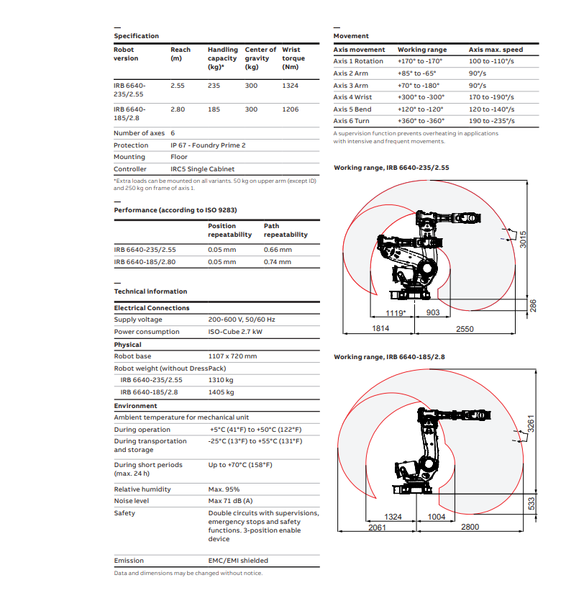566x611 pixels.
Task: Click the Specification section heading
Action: click(x=136, y=36)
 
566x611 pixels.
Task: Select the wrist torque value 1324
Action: click(x=291, y=85)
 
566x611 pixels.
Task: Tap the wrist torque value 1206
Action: click(x=291, y=109)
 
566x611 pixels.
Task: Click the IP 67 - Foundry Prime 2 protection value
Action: click(x=208, y=145)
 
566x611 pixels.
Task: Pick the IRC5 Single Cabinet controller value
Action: click(x=202, y=169)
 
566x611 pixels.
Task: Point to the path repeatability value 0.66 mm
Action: click(x=278, y=250)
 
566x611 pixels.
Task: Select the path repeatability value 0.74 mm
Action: click(x=278, y=262)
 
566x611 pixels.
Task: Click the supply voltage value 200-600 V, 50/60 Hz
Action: click(x=242, y=320)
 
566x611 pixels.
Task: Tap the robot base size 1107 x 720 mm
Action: click(x=232, y=356)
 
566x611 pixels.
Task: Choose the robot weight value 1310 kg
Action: click(x=221, y=380)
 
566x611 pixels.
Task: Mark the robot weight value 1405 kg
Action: click(x=221, y=392)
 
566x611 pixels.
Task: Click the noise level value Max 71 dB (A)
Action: click(x=230, y=501)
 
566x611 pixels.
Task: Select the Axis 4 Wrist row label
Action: click(x=352, y=97)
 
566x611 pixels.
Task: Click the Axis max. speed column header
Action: click(x=496, y=50)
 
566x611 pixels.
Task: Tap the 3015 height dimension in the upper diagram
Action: click(x=524, y=240)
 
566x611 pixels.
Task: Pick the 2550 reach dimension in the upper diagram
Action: click(x=465, y=329)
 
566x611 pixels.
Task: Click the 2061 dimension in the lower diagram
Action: click(x=377, y=528)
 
